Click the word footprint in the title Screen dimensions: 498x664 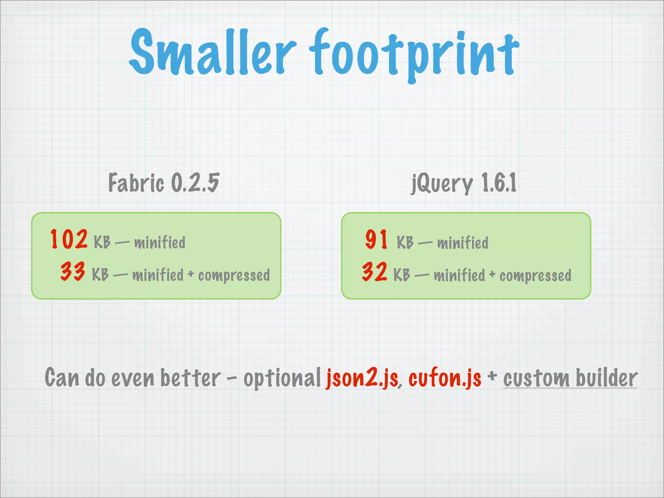point(413,53)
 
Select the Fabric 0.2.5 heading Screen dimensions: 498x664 point(164,183)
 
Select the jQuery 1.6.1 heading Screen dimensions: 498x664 point(464,184)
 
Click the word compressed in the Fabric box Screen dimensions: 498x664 point(234,276)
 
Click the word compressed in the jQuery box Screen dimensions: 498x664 point(535,276)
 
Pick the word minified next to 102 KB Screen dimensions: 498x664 point(160,243)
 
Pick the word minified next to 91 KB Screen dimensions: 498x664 point(463,243)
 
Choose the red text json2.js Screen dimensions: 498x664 point(362,378)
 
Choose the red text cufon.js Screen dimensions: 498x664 point(445,378)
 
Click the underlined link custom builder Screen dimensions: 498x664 point(570,378)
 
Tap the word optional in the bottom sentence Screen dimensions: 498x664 point(282,379)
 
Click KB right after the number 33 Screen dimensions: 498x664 point(100,275)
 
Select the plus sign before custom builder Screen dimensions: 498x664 point(492,376)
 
